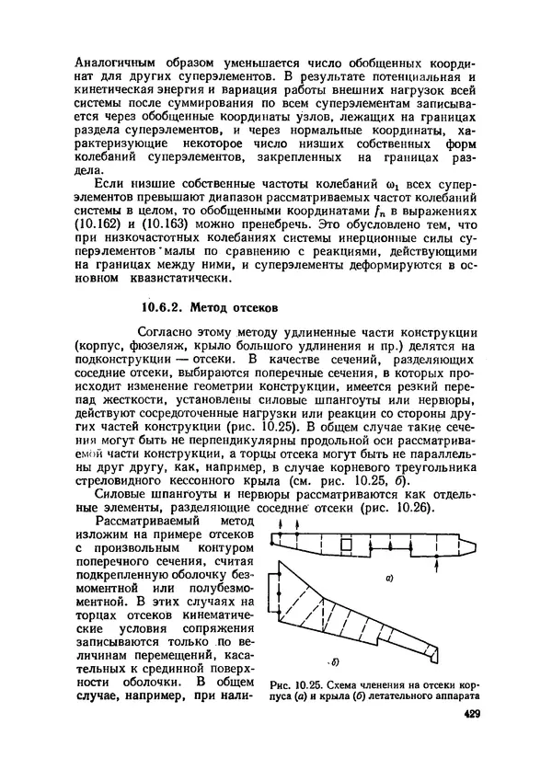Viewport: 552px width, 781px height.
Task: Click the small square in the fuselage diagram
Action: click(x=346, y=546)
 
